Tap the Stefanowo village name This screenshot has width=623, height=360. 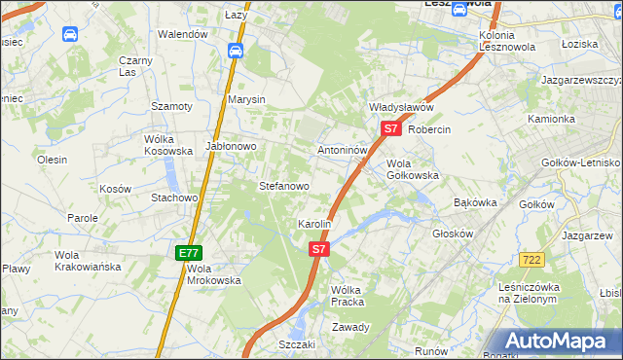point(283,185)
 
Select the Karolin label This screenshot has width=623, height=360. point(314,224)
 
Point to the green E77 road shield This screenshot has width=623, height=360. point(188,253)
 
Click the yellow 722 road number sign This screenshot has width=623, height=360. point(531,259)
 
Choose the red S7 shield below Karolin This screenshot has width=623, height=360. point(319,250)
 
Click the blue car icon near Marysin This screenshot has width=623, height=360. point(235,50)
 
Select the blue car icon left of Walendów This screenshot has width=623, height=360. point(70,34)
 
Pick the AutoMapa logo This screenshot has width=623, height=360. point(558,341)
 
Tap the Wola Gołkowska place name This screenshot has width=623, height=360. point(413,169)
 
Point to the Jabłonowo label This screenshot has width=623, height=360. point(230,146)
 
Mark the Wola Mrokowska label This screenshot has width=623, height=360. point(213,274)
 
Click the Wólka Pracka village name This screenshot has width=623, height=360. point(347,296)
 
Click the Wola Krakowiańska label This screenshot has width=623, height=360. point(88,260)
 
